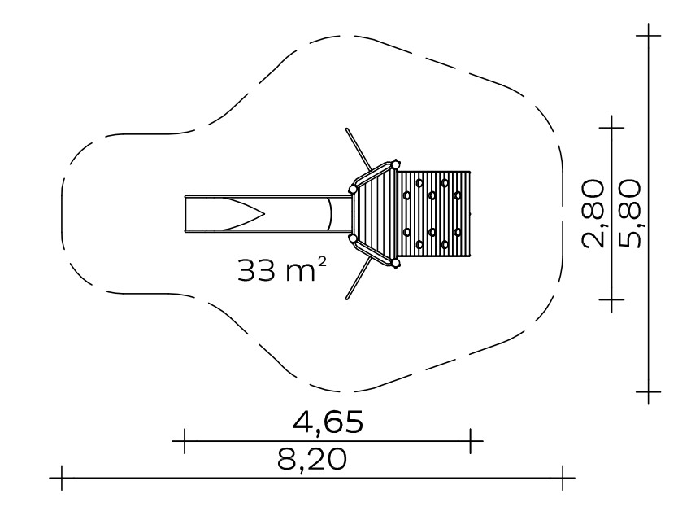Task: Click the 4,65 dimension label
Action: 328,422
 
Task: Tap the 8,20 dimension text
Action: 312,460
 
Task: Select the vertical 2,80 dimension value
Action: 593,213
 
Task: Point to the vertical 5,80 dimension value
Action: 628,213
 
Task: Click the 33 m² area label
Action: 282,269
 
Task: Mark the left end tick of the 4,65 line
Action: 185,441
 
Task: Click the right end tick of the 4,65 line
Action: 471,441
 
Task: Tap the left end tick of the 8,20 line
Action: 62,478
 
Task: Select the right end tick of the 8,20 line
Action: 563,478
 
